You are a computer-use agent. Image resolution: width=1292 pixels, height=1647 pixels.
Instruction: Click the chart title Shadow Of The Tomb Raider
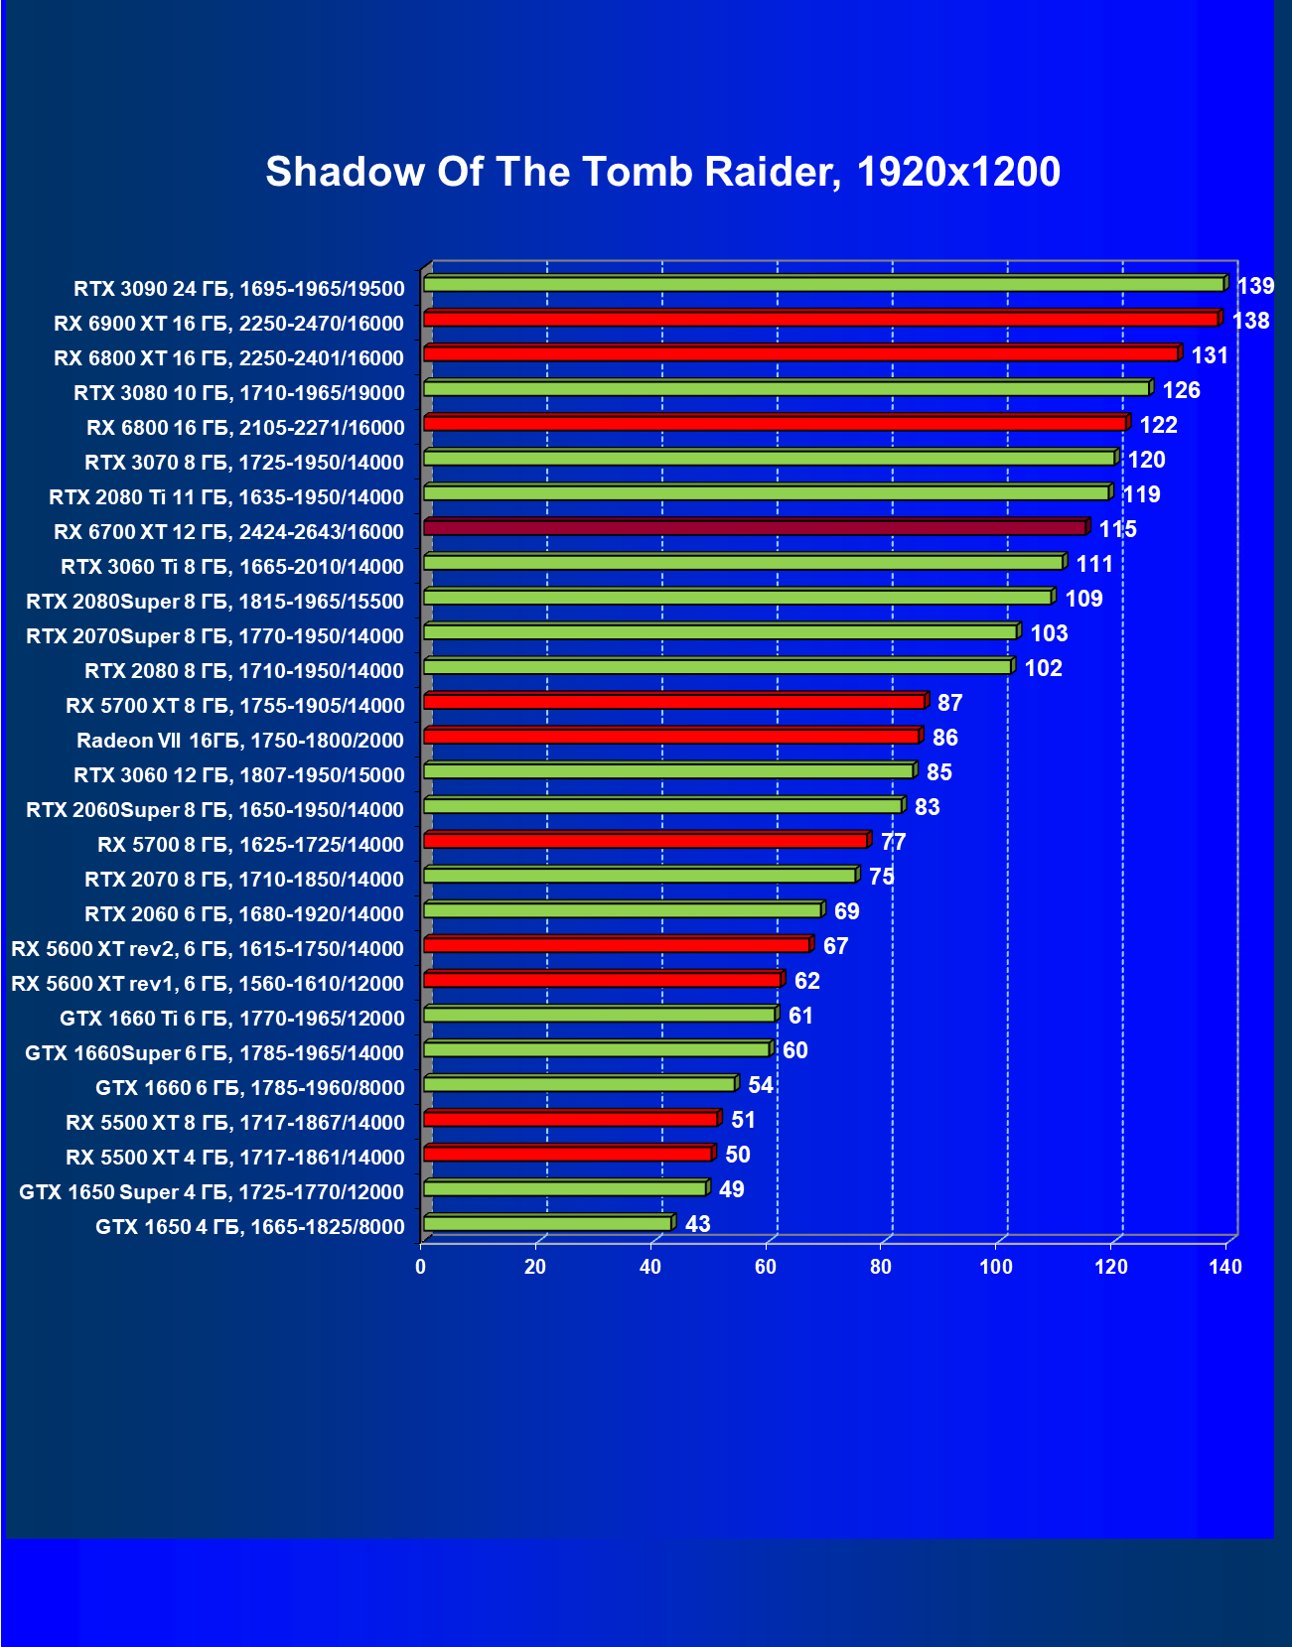[662, 172]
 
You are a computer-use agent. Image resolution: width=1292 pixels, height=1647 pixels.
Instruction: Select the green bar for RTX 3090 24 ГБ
[823, 285]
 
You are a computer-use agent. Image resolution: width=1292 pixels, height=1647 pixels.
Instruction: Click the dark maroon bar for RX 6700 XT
[755, 527]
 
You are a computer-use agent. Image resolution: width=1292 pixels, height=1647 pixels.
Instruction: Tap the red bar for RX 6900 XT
[820, 319]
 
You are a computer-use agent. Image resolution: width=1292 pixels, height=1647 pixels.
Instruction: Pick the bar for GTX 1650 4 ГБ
[547, 1223]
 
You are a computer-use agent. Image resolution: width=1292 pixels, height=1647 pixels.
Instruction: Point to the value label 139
[1255, 286]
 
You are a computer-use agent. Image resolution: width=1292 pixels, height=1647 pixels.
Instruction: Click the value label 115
[1117, 529]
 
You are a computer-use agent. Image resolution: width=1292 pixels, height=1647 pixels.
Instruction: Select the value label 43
[698, 1224]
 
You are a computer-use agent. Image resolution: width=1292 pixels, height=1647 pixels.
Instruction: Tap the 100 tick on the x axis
[996, 1267]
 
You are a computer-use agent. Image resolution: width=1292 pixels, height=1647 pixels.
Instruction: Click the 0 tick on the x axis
[421, 1267]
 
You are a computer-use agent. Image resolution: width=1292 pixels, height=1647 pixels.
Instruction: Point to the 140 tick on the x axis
[1226, 1267]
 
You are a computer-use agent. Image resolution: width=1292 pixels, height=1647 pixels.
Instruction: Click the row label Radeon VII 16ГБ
[240, 741]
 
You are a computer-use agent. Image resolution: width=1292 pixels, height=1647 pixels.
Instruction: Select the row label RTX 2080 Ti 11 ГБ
[226, 497]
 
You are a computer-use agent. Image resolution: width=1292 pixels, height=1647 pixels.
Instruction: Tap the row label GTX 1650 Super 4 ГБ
[212, 1192]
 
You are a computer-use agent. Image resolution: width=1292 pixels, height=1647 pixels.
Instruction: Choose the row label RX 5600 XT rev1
[208, 984]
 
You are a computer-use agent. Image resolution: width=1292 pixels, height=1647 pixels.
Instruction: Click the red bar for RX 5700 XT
[674, 702]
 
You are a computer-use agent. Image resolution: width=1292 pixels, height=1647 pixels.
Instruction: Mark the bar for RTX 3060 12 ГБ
[668, 771]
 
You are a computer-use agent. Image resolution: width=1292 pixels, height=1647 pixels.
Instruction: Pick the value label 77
[893, 842]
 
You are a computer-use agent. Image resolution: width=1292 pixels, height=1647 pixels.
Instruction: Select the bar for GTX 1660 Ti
[600, 1015]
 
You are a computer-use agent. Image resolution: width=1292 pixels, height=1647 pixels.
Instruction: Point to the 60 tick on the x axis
[766, 1267]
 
